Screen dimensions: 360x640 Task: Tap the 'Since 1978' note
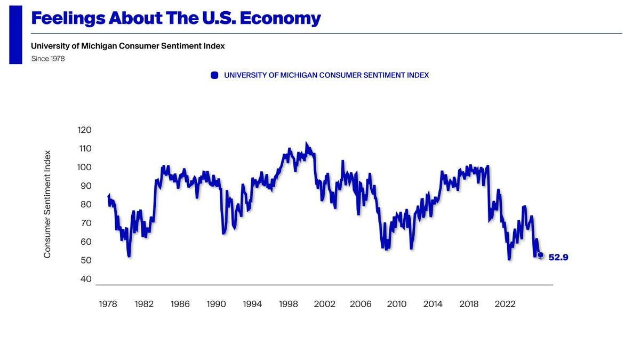click(x=48, y=59)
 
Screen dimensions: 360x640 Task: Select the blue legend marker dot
click(x=215, y=75)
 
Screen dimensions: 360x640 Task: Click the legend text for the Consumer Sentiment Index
click(x=326, y=75)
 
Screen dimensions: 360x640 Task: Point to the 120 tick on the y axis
click(x=85, y=130)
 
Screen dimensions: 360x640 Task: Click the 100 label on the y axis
click(x=85, y=167)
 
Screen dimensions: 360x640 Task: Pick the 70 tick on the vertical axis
click(x=86, y=223)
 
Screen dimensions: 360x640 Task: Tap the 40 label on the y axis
click(x=86, y=279)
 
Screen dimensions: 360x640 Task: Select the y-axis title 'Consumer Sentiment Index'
click(x=47, y=204)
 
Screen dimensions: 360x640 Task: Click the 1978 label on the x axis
click(x=108, y=304)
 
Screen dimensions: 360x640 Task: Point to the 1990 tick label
click(x=217, y=304)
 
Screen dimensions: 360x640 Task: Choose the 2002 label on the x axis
click(x=325, y=304)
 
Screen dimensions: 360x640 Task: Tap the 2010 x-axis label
click(x=397, y=304)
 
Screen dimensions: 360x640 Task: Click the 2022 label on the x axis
click(x=505, y=304)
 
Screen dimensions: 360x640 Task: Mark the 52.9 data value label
click(x=558, y=257)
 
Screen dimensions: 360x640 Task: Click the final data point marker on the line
click(x=540, y=255)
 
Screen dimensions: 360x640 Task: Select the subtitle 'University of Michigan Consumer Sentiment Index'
click(x=128, y=46)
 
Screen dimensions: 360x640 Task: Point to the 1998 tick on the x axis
click(x=289, y=304)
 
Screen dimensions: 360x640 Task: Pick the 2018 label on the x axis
click(x=469, y=304)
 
